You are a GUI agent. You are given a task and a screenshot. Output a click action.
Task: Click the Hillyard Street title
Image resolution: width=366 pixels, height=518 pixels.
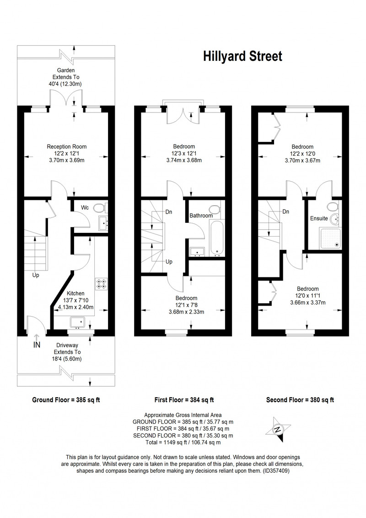pos(242,56)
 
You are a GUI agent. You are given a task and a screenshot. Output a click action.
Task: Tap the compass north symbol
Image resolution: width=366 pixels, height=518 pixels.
pos(279,430)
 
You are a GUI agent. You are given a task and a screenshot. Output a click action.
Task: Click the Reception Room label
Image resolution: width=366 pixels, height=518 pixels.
pos(67,147)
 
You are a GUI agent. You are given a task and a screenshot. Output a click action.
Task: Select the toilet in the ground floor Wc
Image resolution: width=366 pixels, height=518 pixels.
pos(99,208)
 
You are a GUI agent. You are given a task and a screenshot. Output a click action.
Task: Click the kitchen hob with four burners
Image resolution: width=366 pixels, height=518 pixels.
pos(102,284)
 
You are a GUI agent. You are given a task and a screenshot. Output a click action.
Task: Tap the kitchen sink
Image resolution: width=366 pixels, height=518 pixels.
pos(78,322)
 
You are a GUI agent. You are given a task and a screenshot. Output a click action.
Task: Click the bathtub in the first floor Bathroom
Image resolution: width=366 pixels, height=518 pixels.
pos(217,239)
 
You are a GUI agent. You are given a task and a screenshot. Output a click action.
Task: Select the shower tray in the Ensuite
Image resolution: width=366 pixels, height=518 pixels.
pos(329,238)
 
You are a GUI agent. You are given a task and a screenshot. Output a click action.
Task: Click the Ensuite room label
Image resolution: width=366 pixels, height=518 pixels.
pos(319,218)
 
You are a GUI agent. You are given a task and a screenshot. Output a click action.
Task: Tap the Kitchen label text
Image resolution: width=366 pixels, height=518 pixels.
pos(75,293)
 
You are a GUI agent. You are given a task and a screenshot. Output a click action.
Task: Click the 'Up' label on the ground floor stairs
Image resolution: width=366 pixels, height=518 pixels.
pos(36,275)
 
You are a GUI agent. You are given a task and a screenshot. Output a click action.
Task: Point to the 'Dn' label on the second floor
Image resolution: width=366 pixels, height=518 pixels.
pos(286,211)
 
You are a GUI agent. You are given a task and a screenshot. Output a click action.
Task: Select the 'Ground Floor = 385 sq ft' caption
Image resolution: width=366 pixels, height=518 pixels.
pos(66,400)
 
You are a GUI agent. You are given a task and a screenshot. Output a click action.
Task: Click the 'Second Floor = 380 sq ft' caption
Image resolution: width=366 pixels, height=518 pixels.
pos(300,400)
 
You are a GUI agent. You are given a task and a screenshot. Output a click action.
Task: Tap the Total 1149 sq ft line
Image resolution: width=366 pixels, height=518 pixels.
pos(183,442)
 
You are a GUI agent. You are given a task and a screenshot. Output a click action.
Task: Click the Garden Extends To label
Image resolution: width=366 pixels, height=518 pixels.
pos(66,77)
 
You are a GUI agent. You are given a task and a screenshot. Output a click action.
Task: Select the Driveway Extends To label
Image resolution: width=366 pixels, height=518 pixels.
pos(67,352)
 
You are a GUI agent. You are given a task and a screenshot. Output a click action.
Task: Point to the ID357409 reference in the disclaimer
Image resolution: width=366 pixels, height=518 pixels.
pos(276,471)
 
